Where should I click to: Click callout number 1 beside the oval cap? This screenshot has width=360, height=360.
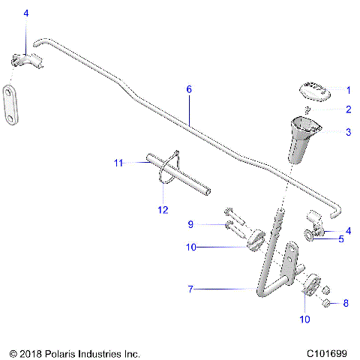pos(346,88)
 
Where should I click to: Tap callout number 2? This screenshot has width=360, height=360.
pos(346,109)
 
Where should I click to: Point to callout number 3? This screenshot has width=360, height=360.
pos(346,132)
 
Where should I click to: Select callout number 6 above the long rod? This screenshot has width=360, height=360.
pos(189,89)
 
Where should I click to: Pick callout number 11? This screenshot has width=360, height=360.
pos(118,162)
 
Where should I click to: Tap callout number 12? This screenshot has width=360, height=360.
pos(163,210)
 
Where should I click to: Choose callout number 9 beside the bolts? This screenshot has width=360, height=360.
pos(190,223)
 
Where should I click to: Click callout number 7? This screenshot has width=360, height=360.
pos(190,288)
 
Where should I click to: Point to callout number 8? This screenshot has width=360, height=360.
pos(346,304)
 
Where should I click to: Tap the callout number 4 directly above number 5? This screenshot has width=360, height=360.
pos(346,230)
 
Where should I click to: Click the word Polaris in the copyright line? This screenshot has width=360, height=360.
pos(67,352)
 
